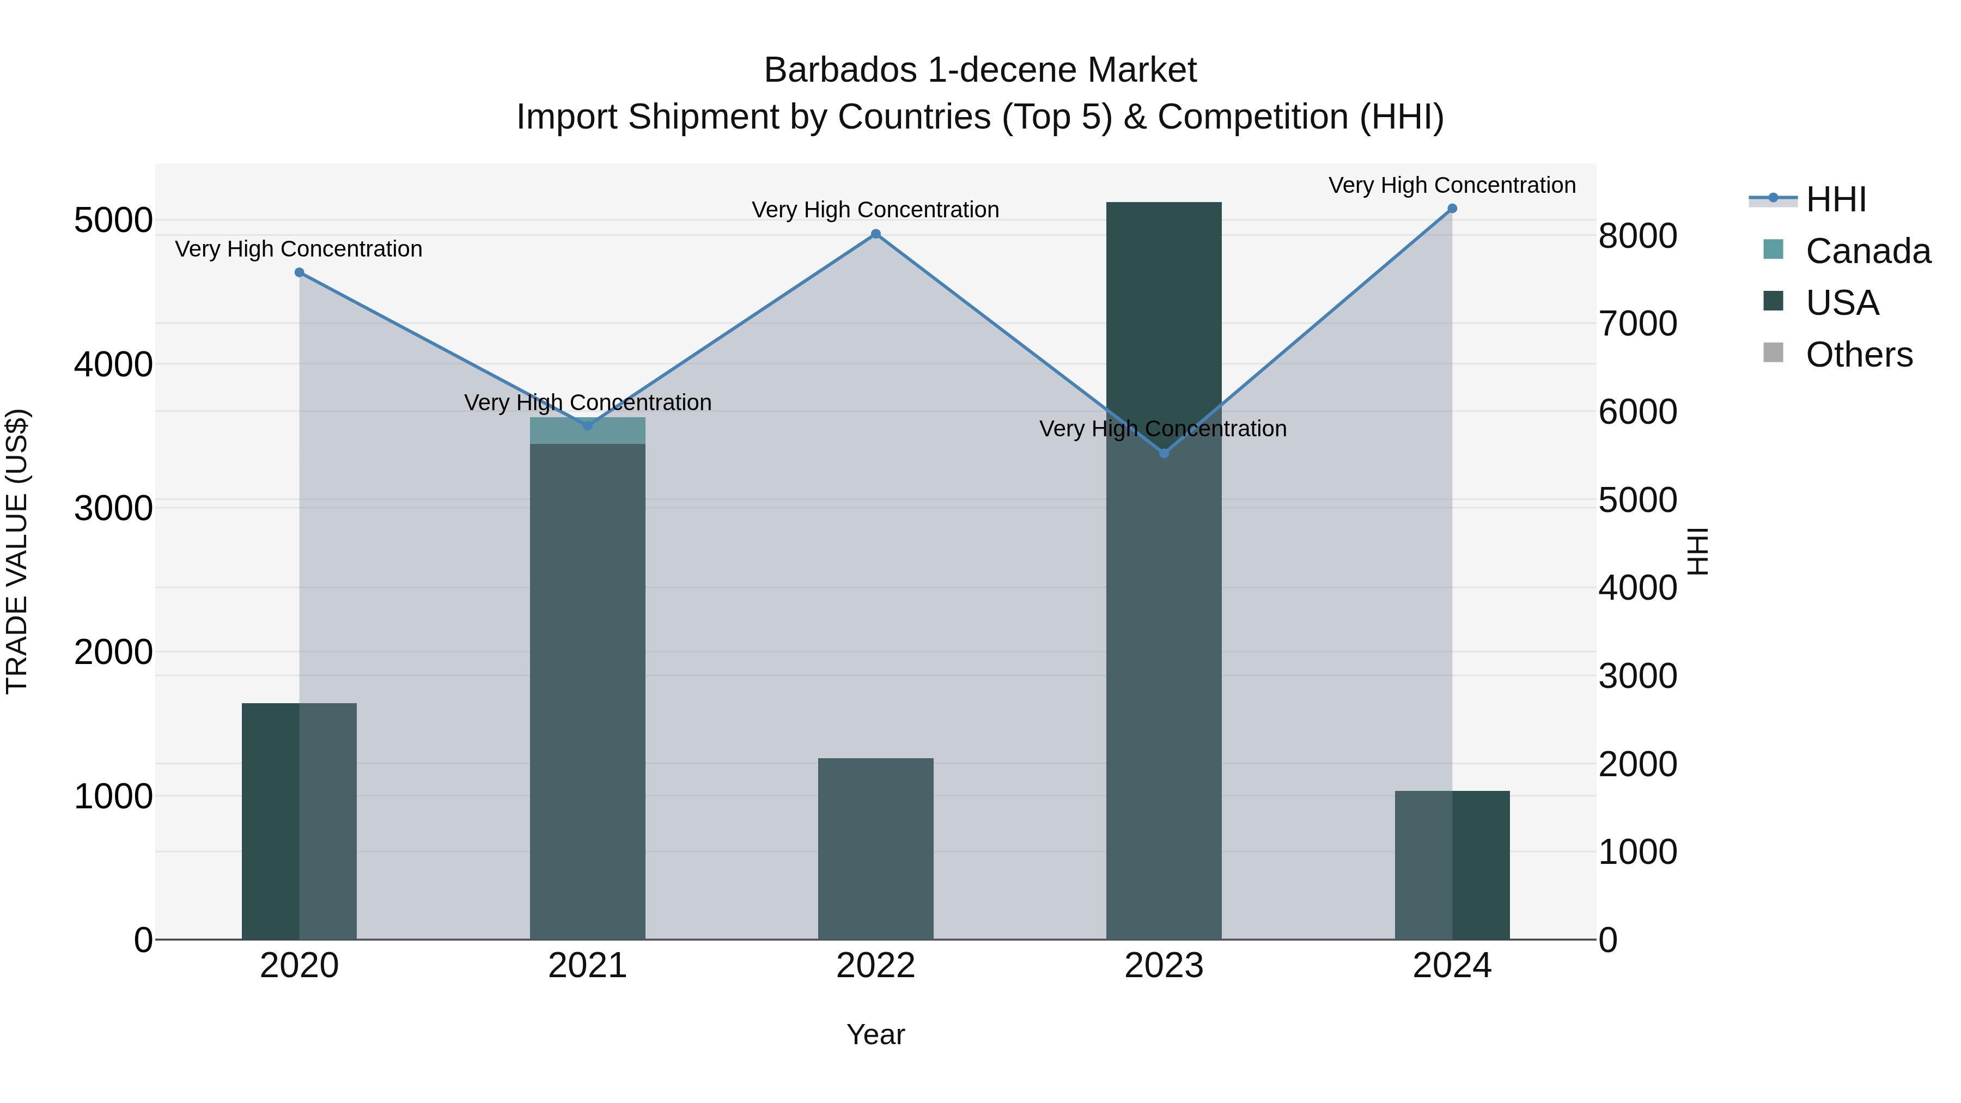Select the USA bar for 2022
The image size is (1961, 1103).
pos(875,848)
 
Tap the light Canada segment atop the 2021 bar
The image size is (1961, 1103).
pos(587,431)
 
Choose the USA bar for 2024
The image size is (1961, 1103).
pos(1452,865)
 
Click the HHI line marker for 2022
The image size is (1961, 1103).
pos(875,234)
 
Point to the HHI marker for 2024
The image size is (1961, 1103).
pos(1452,209)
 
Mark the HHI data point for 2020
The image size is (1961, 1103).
pos(299,272)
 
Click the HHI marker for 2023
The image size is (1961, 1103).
pos(1163,454)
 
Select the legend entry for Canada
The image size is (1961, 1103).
pos(1867,251)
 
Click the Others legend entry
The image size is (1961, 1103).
pos(1858,355)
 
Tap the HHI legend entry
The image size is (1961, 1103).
pos(1835,199)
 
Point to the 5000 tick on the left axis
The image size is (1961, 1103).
pos(113,221)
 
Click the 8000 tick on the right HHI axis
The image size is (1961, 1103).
pos(1637,236)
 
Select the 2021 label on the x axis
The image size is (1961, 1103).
pos(587,966)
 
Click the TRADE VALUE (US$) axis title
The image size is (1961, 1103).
pos(17,550)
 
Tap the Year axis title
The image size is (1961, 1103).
pos(875,1034)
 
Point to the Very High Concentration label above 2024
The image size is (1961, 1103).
pos(1452,185)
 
